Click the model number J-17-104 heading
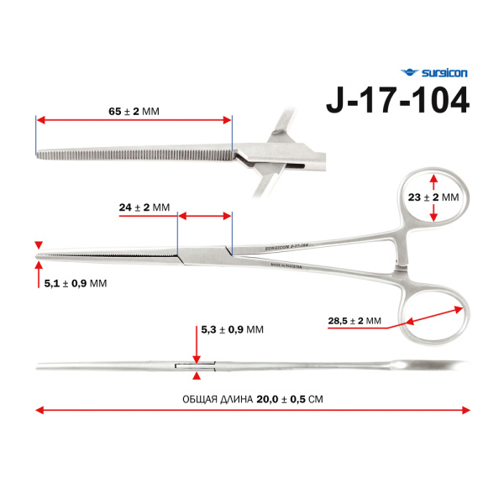tap(397, 100)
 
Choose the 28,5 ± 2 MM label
tap(354, 321)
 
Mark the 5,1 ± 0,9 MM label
tap(75, 284)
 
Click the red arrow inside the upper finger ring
tap(433, 198)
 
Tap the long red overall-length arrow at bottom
tap(252, 411)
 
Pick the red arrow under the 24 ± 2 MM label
tap(205, 217)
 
